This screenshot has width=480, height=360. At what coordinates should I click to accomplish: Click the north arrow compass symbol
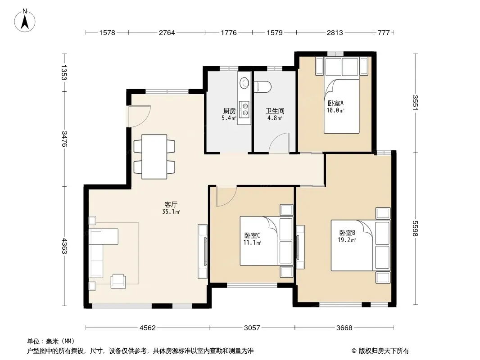coord(25,21)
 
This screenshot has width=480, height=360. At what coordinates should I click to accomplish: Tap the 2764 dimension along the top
coord(167,32)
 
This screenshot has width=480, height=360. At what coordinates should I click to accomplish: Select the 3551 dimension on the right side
coord(415,103)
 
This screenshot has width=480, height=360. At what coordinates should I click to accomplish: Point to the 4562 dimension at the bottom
coord(148,328)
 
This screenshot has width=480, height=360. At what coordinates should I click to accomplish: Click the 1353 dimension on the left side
coord(63,72)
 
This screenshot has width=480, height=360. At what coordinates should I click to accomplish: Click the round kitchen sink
coord(245,83)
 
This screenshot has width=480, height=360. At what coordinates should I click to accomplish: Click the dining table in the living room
coord(154,157)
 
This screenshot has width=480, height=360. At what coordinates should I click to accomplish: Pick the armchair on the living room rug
coord(118,281)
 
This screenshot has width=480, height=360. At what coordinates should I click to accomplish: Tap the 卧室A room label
coord(335,103)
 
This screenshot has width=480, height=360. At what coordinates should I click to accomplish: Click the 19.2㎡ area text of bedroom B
coord(347,240)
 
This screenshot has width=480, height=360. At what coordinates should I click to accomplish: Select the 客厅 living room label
coord(171,204)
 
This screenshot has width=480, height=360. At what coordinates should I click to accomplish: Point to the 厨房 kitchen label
coord(229,111)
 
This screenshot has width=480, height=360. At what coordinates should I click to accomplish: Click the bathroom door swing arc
coord(279,143)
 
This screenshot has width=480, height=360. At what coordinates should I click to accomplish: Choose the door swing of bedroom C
coord(226,196)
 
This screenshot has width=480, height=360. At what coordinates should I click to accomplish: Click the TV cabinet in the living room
coord(202,252)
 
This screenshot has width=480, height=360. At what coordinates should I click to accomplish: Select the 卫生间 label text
coord(275,111)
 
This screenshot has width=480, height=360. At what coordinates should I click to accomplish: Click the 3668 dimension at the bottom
coord(344,328)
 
